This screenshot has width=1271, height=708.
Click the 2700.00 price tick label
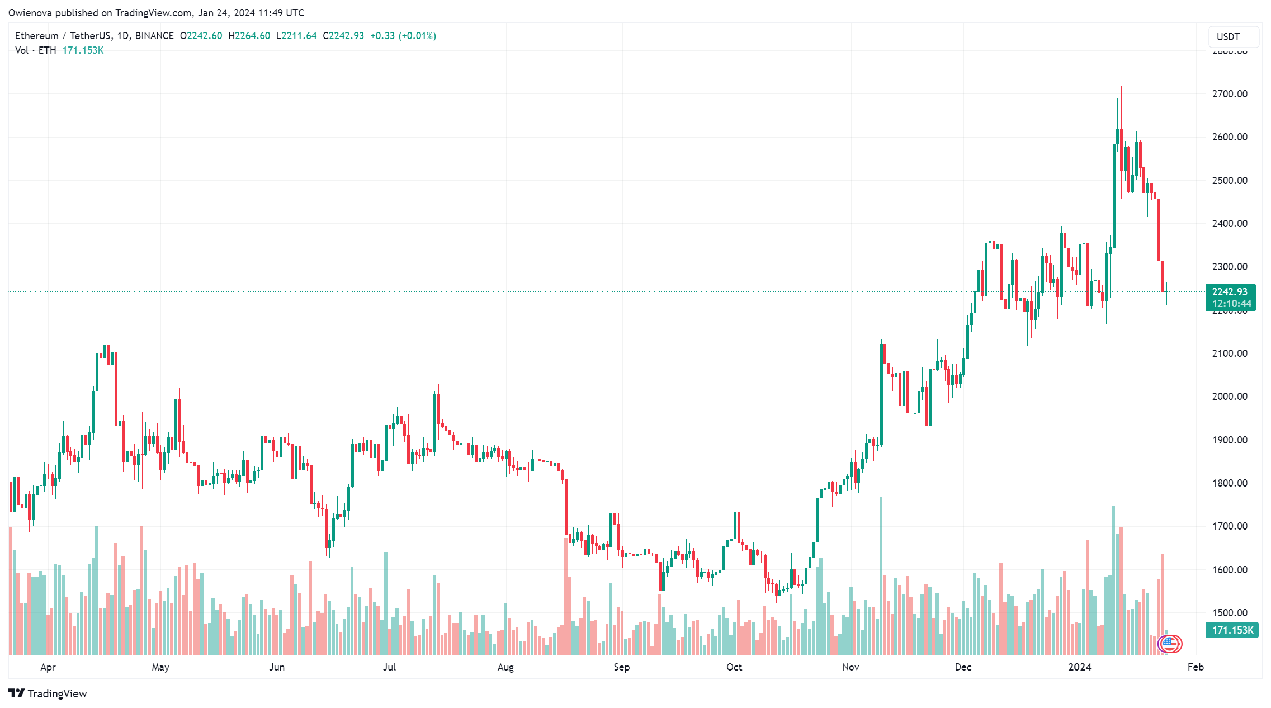[x=1229, y=94]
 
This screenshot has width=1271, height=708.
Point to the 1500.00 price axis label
[x=1229, y=613]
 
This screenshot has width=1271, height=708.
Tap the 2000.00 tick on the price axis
[x=1229, y=397]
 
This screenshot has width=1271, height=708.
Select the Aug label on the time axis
[x=505, y=667]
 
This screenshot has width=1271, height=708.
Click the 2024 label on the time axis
[x=1080, y=667]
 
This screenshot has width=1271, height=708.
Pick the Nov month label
[x=851, y=667]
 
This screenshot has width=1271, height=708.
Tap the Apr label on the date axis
[x=48, y=667]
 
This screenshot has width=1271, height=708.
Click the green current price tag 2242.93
[x=1230, y=292]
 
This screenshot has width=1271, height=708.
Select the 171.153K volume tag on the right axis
[x=1232, y=630]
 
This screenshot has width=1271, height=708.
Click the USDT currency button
[x=1228, y=37]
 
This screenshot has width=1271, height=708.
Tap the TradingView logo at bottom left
[x=48, y=693]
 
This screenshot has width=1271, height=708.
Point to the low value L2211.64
[x=296, y=36]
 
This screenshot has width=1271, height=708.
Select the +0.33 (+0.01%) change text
[x=403, y=36]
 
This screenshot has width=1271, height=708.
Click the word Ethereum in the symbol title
[x=36, y=36]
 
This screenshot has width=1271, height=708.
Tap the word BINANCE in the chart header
[x=154, y=36]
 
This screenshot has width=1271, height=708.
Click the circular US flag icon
[x=1170, y=644]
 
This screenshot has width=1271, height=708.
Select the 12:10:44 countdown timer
[x=1231, y=304]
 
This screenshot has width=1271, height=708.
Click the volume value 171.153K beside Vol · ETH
[x=83, y=50]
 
